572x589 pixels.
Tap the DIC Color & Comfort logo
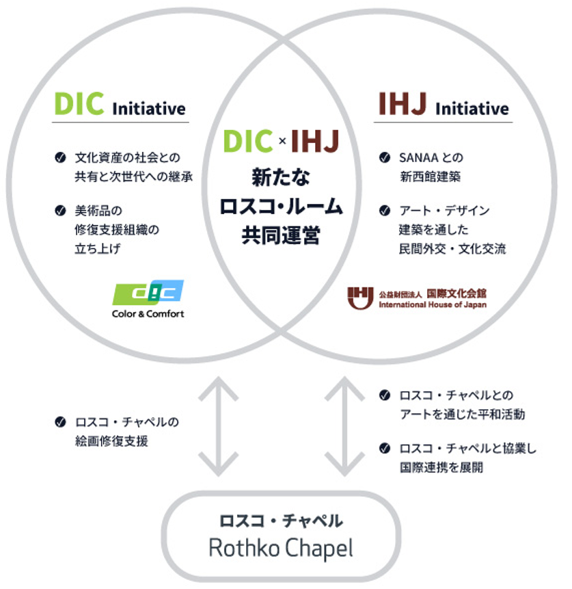148,299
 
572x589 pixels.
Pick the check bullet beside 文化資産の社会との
60,158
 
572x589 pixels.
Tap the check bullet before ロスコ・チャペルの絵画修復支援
60,423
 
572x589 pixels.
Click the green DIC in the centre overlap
249,142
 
